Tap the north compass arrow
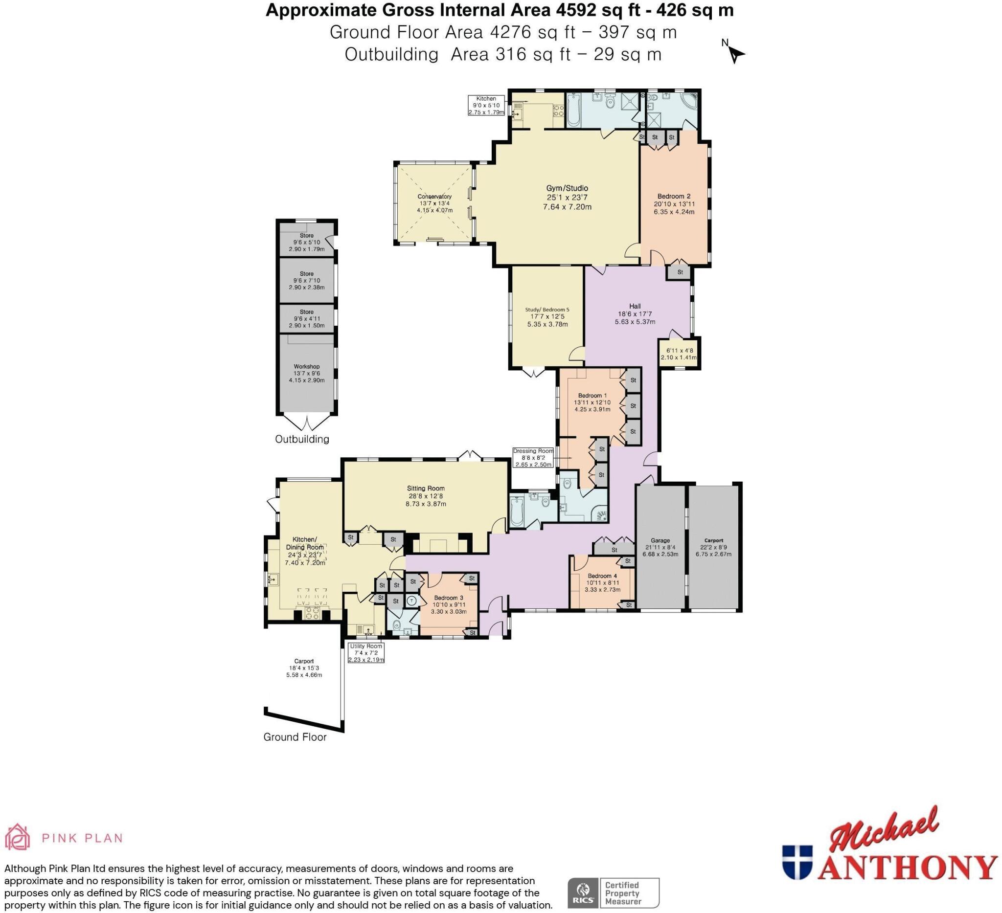point(735,54)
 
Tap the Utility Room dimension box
point(366,653)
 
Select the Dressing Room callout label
point(533,457)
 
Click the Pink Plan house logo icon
point(18,837)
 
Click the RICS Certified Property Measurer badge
point(614,892)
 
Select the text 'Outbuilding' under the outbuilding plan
point(302,439)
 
